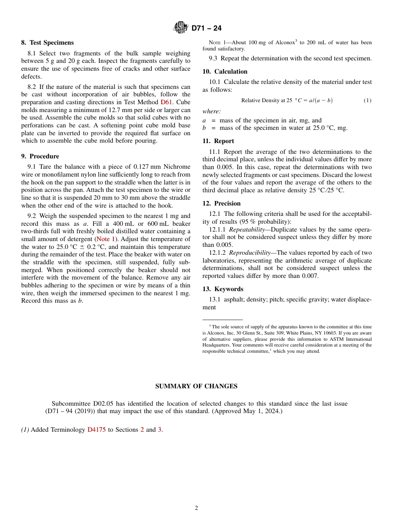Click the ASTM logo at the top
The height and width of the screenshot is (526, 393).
pos(181,28)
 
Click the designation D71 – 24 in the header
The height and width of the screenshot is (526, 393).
pos(206,28)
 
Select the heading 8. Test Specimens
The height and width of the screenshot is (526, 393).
pos(47,43)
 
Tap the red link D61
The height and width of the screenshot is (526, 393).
pos(166,102)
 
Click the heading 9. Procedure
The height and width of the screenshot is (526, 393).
pos(40,156)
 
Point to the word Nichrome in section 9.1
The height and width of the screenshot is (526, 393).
pos(177,167)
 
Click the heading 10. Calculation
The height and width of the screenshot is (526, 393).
pos(225,72)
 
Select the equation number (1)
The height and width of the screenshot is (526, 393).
pos(367,100)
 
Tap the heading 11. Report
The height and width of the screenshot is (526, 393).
pos(218,141)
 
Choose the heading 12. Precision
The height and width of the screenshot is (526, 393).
pos(221,203)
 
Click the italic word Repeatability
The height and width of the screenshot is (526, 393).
pos(247,230)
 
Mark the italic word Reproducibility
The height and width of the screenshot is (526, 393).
pos(250,253)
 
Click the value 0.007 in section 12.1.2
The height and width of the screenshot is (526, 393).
pos(310,276)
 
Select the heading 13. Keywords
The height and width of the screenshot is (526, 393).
pos(223,289)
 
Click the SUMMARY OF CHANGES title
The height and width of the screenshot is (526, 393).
pos(196,386)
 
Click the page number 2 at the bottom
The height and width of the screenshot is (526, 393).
pos(196,508)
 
